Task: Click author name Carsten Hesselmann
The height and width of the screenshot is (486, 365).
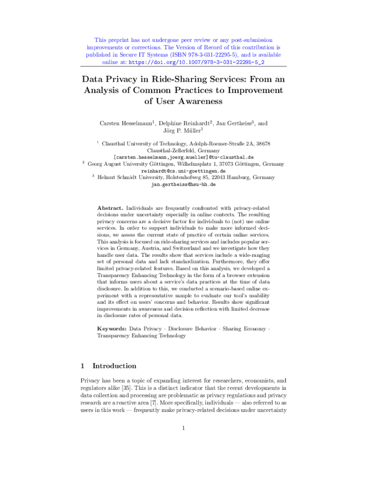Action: [x=126, y=123]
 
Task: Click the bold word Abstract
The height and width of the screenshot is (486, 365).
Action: [x=110, y=208]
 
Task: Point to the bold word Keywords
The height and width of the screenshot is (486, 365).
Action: [x=112, y=328]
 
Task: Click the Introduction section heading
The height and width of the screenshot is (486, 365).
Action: [x=114, y=366]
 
